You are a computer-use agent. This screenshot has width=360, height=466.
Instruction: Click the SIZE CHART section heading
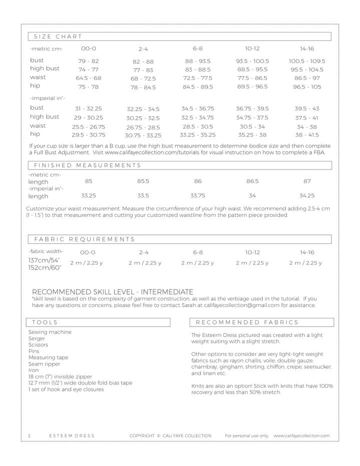[x=58, y=36]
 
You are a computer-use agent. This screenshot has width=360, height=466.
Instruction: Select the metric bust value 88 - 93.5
[x=197, y=61]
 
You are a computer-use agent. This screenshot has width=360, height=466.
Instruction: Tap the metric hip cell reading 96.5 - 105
[x=307, y=87]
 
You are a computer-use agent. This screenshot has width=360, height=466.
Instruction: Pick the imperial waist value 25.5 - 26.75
[x=88, y=127]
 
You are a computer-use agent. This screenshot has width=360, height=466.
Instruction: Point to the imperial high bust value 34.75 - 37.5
[x=252, y=117]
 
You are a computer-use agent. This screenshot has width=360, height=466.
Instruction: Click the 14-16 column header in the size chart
[x=307, y=49]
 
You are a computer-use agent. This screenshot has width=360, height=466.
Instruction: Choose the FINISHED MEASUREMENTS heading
[x=87, y=165]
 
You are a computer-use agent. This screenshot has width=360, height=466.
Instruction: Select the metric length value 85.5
[x=143, y=181]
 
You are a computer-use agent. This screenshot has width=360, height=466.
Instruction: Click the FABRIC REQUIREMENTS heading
[x=84, y=239]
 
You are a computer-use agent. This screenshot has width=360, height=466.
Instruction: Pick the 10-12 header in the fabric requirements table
[x=252, y=252]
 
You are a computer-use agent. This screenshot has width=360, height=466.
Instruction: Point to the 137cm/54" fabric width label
[x=44, y=260]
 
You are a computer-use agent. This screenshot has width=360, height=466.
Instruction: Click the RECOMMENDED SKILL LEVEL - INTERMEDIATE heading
[x=112, y=291]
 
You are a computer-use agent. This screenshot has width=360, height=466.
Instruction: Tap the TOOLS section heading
[x=45, y=322]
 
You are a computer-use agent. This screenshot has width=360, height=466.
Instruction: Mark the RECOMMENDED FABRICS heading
[x=247, y=322]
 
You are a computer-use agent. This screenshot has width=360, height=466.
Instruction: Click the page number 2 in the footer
[x=29, y=436]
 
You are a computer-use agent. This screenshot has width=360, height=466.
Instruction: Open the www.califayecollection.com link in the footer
[x=301, y=436]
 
